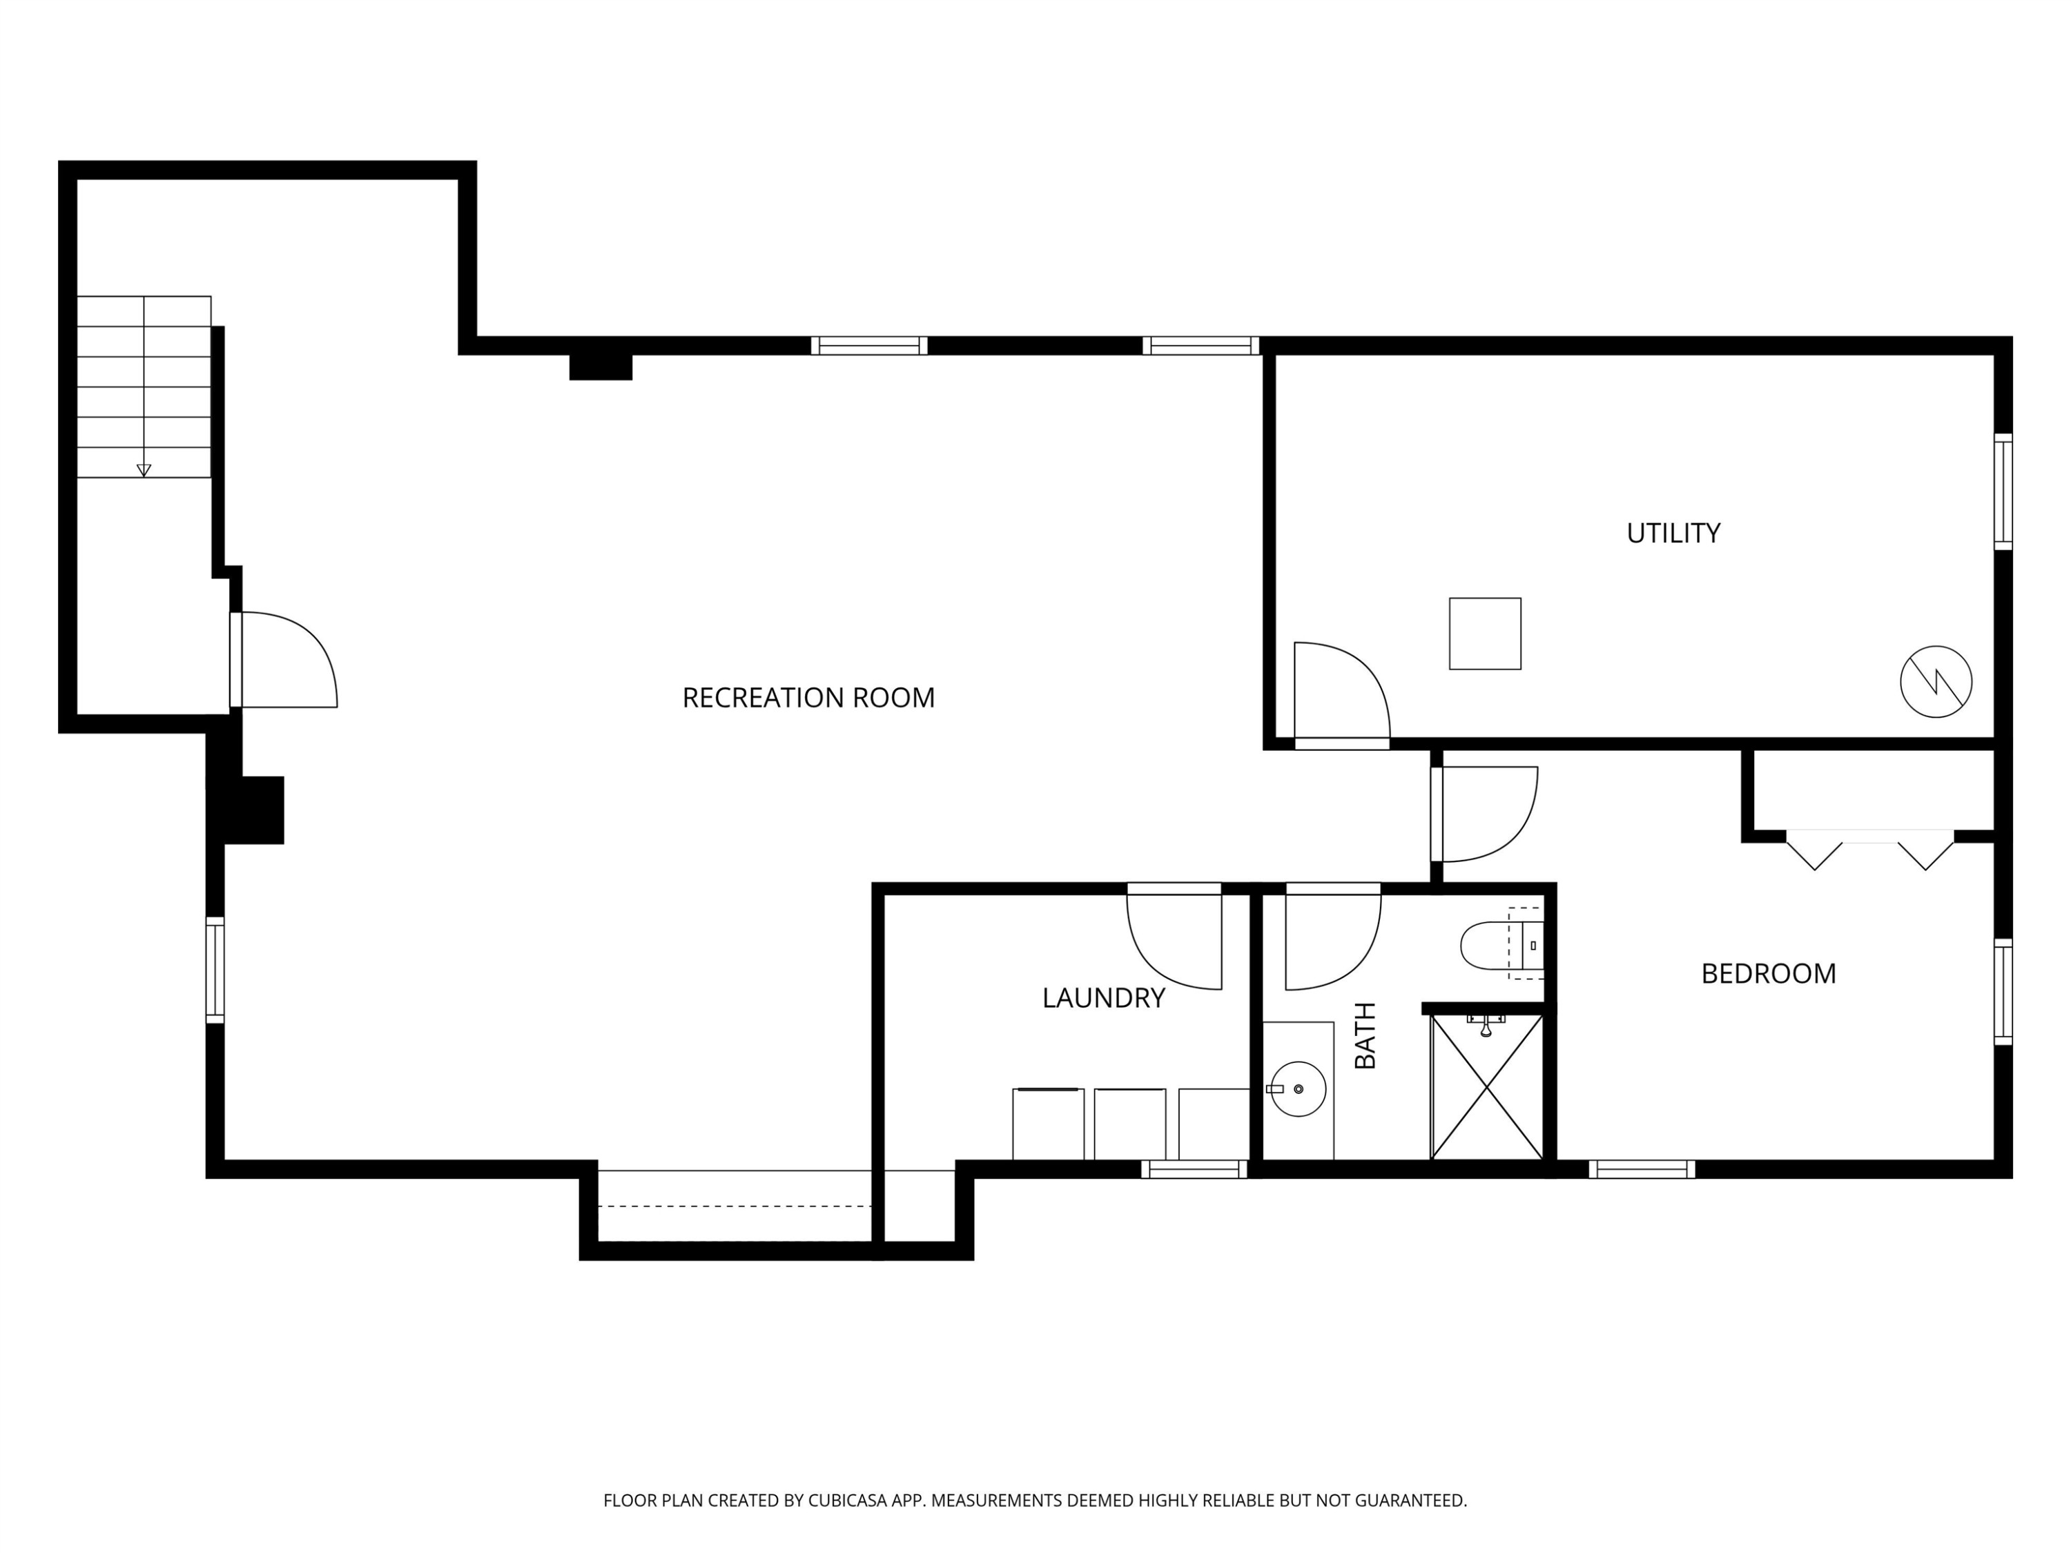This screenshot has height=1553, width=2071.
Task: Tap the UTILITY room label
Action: click(1673, 534)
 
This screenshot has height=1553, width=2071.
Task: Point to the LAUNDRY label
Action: click(1103, 999)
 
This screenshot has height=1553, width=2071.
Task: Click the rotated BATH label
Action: click(1366, 1035)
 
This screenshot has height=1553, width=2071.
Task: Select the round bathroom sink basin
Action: click(1298, 1088)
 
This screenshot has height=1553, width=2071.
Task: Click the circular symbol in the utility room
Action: click(1936, 683)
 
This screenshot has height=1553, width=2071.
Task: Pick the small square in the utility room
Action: click(1485, 634)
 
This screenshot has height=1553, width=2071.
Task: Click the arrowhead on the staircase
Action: click(144, 471)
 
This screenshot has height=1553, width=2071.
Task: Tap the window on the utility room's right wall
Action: click(2003, 491)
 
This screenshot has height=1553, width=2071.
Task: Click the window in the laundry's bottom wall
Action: click(1194, 1169)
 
